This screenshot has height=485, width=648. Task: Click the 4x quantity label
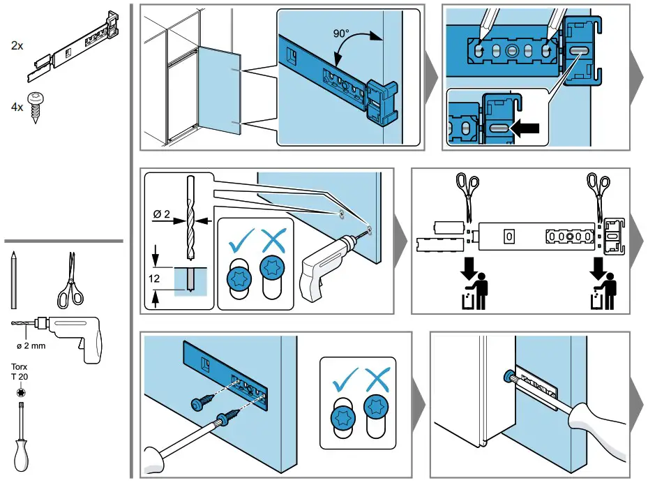pyautogui.click(x=17, y=108)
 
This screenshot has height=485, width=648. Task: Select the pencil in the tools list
pyautogui.click(x=13, y=280)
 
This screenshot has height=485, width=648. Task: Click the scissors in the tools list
pyautogui.click(x=68, y=279)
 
